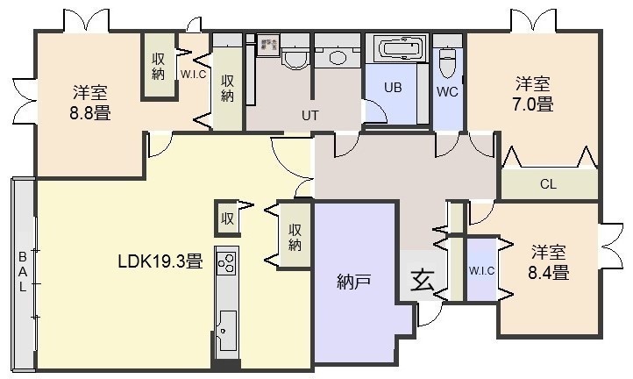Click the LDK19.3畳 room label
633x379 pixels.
click(x=160, y=261)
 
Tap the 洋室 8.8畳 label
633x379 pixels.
click(x=90, y=103)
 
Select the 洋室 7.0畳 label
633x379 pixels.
click(x=533, y=94)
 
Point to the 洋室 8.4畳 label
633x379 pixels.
click(x=549, y=262)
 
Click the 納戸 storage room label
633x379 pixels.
click(x=353, y=282)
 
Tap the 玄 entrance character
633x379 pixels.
click(x=423, y=280)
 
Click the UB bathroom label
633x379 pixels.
click(x=393, y=87)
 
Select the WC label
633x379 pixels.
click(x=447, y=92)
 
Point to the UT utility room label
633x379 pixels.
click(x=309, y=116)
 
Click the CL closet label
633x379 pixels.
click(x=548, y=184)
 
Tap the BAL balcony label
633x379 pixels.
click(x=23, y=272)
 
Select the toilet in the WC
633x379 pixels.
click(x=447, y=62)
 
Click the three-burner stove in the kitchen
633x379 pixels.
click(x=226, y=262)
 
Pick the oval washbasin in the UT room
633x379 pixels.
click(x=338, y=57)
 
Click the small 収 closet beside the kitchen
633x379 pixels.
click(x=227, y=218)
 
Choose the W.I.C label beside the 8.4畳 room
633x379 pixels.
click(x=481, y=271)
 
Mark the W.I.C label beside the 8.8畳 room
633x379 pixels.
click(x=194, y=75)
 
